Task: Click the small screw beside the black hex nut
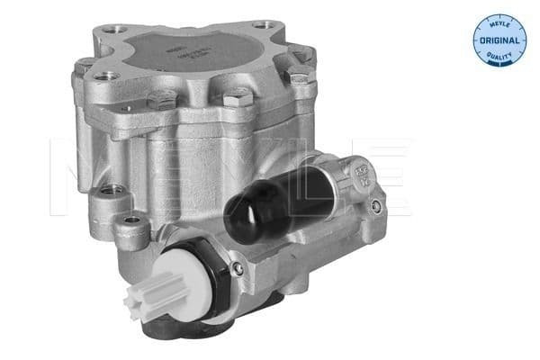(236, 267)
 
